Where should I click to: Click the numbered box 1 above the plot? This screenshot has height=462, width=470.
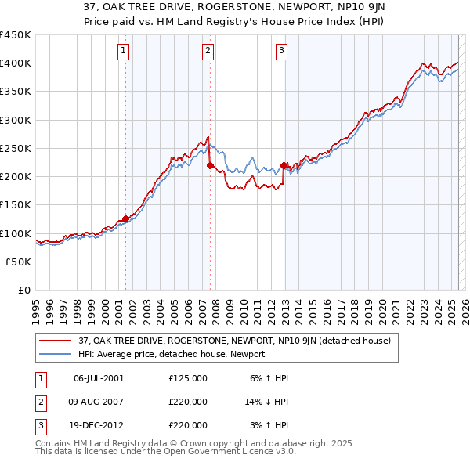[125, 52]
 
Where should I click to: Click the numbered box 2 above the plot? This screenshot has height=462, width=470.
[208, 52]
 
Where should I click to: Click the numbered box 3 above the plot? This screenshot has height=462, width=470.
[281, 52]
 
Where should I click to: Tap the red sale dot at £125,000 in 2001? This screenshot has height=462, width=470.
[125, 219]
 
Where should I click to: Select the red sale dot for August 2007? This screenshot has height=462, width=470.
[210, 165]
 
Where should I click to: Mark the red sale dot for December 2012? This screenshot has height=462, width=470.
[284, 165]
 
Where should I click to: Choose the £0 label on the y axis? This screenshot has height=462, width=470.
[23, 290]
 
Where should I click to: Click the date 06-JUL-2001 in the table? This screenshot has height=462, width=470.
[99, 378]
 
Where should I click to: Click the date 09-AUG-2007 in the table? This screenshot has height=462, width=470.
[99, 402]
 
